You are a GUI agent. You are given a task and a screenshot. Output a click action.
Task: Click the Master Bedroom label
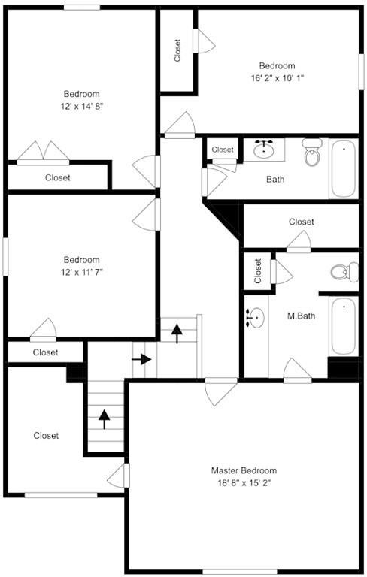click(x=244, y=470)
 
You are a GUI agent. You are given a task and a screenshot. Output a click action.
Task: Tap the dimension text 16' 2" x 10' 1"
click(x=277, y=78)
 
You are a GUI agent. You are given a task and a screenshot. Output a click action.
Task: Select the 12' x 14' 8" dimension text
click(x=81, y=107)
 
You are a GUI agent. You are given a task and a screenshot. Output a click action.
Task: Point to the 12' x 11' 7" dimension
click(x=81, y=272)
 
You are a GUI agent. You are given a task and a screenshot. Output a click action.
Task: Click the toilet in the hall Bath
click(x=312, y=152)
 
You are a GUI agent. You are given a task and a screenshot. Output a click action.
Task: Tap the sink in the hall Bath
click(x=264, y=149)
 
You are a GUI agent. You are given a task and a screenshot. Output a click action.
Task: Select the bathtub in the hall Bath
click(x=344, y=169)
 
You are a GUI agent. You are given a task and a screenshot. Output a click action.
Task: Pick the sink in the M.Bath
click(x=256, y=317)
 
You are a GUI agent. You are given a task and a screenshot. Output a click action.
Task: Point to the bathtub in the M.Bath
click(x=344, y=326)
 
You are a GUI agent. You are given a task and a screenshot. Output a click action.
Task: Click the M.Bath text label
click(x=301, y=316)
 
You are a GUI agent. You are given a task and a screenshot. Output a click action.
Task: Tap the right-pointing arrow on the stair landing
click(x=141, y=359)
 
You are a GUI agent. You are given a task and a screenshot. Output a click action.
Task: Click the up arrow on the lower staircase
click(x=105, y=419)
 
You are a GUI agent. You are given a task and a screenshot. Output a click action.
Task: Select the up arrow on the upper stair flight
click(x=177, y=334)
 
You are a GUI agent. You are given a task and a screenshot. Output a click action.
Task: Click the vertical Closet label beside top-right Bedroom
click(x=177, y=50)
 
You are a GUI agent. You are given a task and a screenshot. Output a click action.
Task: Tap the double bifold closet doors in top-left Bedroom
click(x=43, y=153)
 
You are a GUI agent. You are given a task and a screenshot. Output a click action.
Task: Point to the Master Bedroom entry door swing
click(x=220, y=391)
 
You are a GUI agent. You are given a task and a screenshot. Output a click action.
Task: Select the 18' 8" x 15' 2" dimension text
click(x=244, y=483)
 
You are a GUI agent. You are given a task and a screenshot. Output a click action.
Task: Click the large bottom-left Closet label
click(x=46, y=436)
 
